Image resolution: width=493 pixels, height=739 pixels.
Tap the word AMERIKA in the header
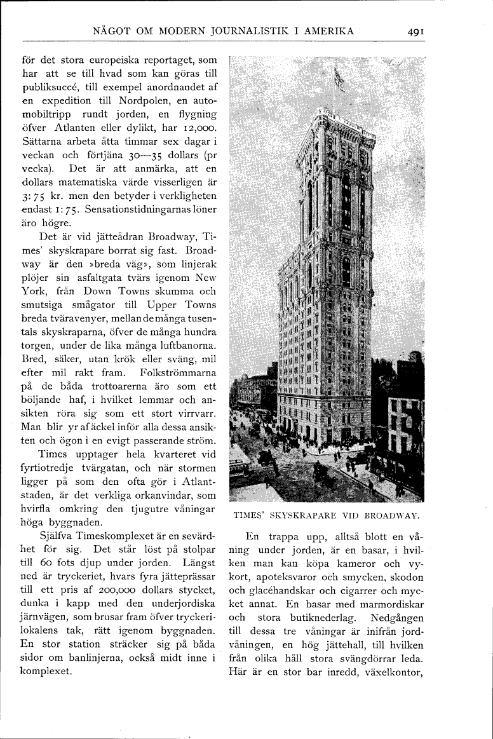[329, 31]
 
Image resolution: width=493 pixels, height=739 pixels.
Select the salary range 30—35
[146, 155]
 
